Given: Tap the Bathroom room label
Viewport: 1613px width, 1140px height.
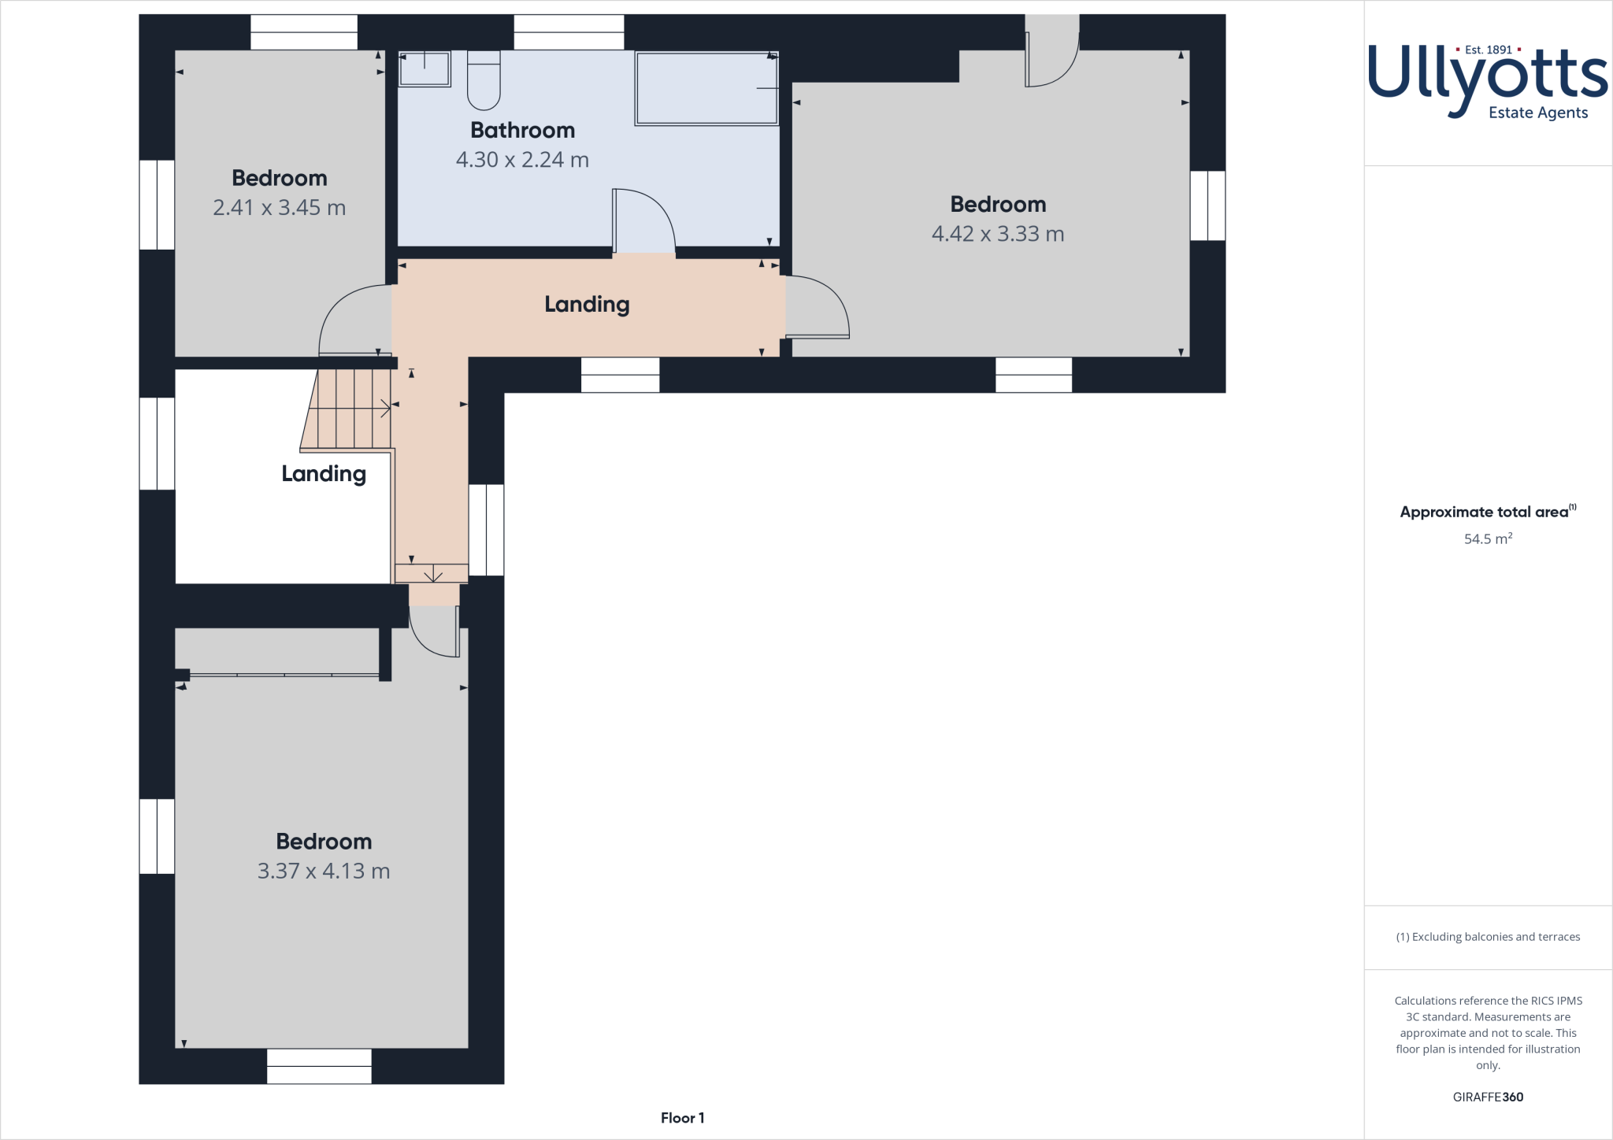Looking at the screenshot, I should [522, 130].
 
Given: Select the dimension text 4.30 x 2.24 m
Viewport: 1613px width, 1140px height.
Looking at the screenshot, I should [522, 160].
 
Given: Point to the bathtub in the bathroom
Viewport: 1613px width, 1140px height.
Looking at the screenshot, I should [706, 88].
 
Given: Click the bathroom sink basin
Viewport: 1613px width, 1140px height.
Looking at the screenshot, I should [425, 68].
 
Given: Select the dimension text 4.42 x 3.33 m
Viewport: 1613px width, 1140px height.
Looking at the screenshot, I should [997, 234].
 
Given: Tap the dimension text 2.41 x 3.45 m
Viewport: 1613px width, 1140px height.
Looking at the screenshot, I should [279, 208].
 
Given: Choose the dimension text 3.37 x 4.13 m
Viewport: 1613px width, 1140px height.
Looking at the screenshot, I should [323, 872].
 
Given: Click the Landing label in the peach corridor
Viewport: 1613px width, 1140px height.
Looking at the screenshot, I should [587, 305].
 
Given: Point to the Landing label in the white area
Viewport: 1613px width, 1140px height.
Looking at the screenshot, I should [324, 474].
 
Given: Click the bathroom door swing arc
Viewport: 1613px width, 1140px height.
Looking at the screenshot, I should [645, 221].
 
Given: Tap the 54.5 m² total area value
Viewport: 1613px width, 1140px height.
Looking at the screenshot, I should [1487, 539].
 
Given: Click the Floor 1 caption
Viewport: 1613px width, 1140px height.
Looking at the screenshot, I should [682, 1118].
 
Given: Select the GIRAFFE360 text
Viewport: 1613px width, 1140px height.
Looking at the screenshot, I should [1487, 1097].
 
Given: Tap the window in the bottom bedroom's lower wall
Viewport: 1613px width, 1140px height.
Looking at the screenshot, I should [319, 1066].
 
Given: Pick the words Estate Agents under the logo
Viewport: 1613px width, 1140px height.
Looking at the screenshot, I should [1537, 113].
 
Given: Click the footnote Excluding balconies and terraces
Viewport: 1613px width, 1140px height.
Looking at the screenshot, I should [1487, 937].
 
